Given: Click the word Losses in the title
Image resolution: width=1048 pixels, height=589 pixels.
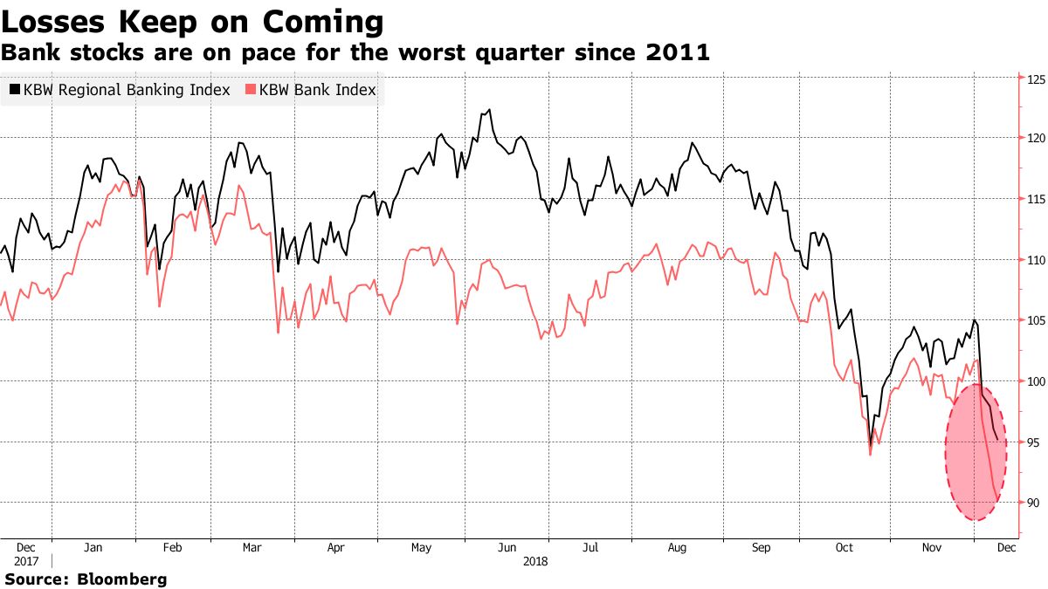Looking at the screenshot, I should (x=55, y=21).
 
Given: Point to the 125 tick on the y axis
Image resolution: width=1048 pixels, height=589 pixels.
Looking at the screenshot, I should (x=1036, y=79).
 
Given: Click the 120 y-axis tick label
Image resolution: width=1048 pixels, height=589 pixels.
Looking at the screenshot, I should (x=1036, y=139).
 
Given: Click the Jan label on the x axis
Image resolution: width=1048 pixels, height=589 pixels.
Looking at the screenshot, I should (x=93, y=548).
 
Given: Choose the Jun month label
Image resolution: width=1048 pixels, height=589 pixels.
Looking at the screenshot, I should (x=506, y=548).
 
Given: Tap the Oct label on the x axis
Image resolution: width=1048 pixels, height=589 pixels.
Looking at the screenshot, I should (x=844, y=548).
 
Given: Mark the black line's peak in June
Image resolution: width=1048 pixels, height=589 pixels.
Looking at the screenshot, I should (x=490, y=110).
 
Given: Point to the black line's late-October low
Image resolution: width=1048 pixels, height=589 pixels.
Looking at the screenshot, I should (x=870, y=447).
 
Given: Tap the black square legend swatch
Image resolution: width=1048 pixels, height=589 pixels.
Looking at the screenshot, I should (x=15, y=89).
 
